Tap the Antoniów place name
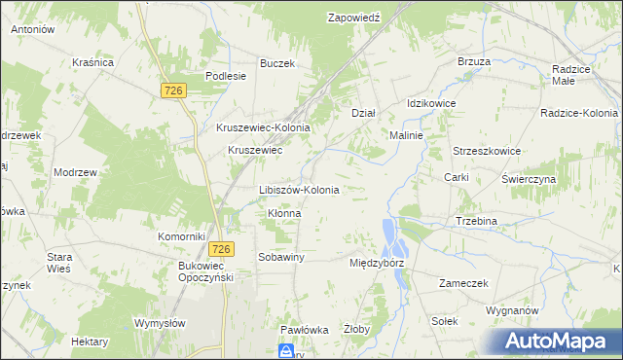[32, 30]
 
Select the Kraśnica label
[93, 62]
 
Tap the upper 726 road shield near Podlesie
[173, 90]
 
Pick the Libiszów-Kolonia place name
[299, 190]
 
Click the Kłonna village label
[283, 213]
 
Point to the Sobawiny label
[281, 257]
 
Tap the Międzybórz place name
[376, 263]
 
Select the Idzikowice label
[431, 103]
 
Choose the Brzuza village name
[473, 61]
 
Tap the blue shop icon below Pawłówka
[286, 350]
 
